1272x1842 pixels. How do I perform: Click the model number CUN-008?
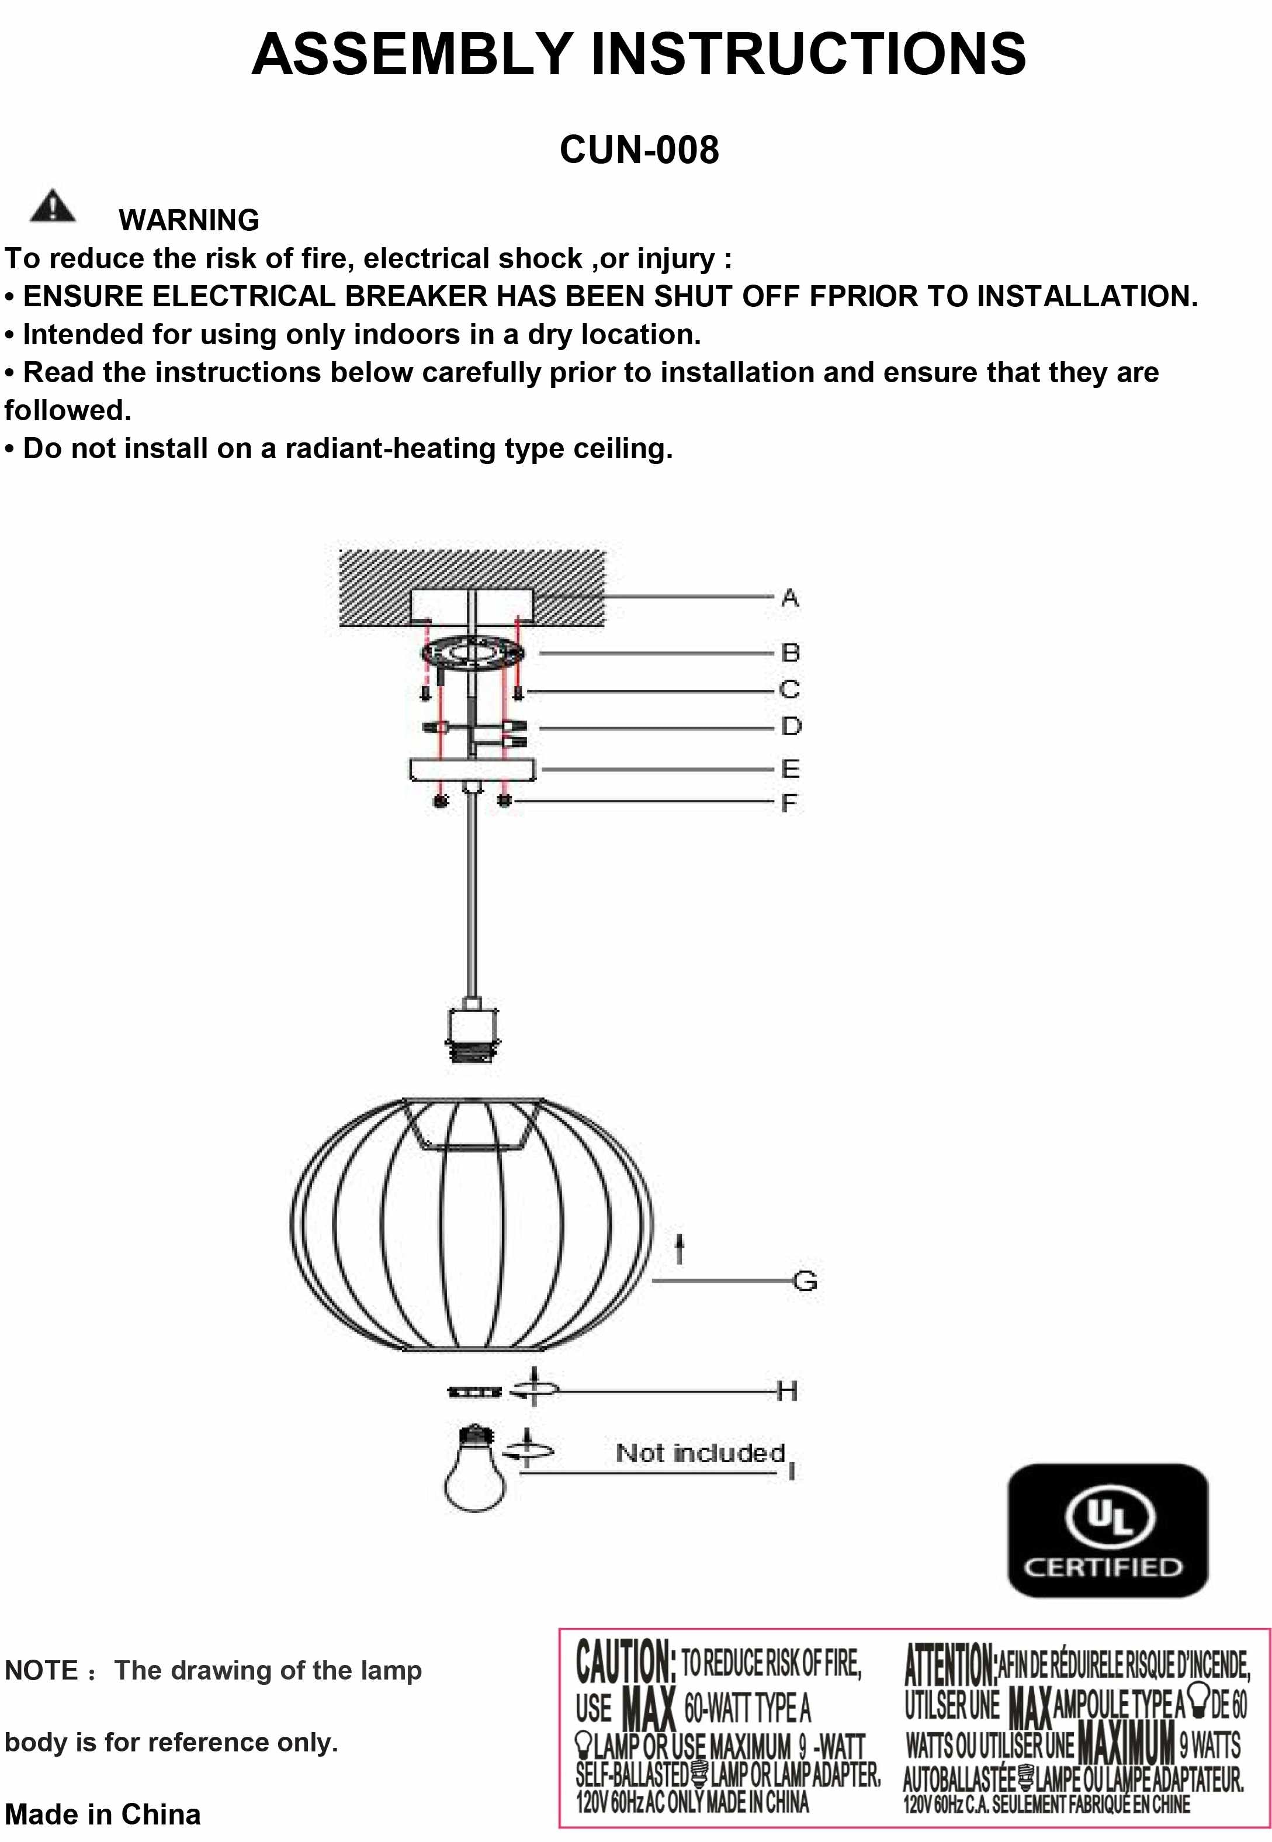coord(639,150)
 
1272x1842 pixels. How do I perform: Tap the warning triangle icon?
coord(53,206)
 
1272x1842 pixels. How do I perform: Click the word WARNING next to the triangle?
coord(189,220)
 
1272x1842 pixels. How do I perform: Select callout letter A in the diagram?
coord(790,597)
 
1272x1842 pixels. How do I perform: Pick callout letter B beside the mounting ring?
coord(790,653)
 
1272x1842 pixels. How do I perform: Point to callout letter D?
coord(791,726)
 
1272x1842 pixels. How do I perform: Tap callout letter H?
coord(786,1391)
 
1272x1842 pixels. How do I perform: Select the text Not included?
coord(700,1452)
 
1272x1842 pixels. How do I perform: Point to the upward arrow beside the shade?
coord(679,1249)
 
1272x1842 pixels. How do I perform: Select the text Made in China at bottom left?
coord(103,1813)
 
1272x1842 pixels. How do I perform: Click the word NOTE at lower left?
coord(41,1670)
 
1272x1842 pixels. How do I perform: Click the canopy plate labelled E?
coord(473,769)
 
